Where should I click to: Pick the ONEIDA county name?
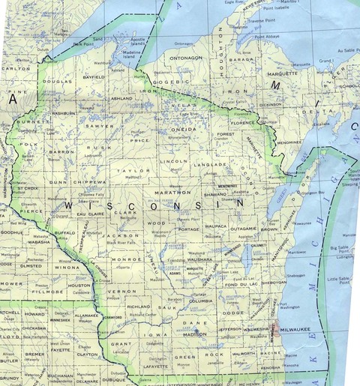click(x=183, y=129)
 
